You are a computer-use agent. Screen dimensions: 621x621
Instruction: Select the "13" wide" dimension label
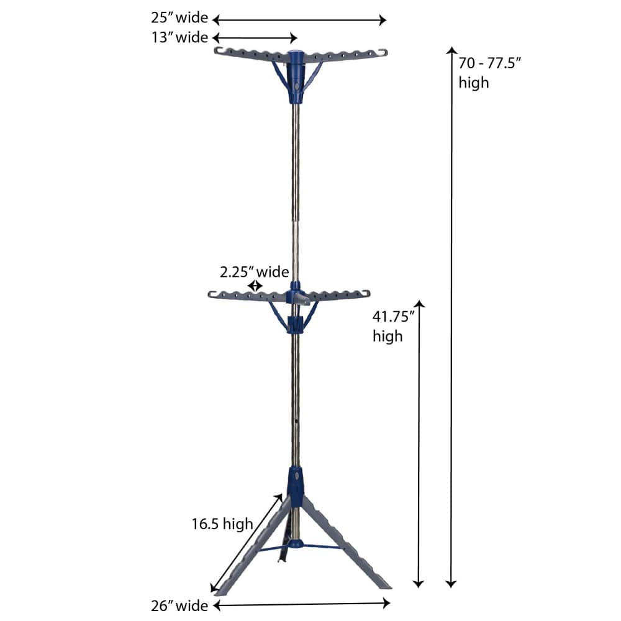(x=179, y=38)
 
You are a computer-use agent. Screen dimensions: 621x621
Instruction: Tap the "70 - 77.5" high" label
(x=482, y=73)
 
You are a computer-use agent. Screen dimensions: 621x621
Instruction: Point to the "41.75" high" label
(x=393, y=326)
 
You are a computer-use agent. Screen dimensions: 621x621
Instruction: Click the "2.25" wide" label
(x=254, y=272)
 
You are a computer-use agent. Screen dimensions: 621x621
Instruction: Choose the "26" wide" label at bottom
(x=178, y=604)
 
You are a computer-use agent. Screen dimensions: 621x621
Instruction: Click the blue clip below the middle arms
(x=296, y=324)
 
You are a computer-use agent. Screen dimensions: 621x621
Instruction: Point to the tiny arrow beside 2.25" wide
(x=255, y=286)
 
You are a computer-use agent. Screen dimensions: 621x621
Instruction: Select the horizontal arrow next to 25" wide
(x=299, y=20)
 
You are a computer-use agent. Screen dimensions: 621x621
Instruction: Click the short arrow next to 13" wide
(x=255, y=38)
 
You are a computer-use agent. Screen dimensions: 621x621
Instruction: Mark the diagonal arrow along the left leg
(x=246, y=543)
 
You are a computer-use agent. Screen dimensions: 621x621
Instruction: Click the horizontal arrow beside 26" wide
(x=302, y=603)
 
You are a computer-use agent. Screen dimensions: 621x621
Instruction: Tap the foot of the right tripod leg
(x=384, y=584)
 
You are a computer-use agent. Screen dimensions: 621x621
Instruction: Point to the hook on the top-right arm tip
(x=383, y=52)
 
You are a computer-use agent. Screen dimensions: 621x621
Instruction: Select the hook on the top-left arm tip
(x=218, y=50)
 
